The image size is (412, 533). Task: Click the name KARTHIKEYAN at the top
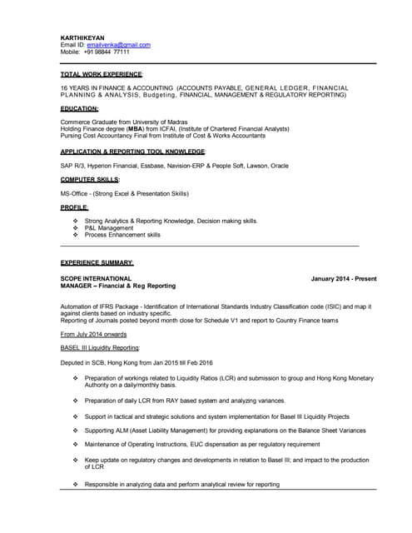(x=82, y=37)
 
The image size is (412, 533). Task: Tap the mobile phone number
(x=107, y=52)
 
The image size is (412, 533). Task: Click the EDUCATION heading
(x=80, y=109)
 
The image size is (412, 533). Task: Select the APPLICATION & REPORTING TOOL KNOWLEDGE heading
(x=133, y=152)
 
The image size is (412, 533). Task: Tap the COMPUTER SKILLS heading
(x=90, y=179)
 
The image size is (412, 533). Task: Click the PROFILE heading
(x=74, y=207)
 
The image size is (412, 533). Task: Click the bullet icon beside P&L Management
(x=76, y=227)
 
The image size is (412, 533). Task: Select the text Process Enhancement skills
(x=123, y=235)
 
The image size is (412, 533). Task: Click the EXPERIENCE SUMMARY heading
(x=97, y=262)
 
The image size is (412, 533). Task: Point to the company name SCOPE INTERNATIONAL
(x=97, y=278)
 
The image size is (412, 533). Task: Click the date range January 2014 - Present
(x=344, y=278)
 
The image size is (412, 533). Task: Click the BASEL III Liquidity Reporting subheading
(x=101, y=347)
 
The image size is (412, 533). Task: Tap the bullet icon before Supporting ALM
(x=76, y=431)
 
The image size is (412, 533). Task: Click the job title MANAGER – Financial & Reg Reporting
(x=118, y=286)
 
